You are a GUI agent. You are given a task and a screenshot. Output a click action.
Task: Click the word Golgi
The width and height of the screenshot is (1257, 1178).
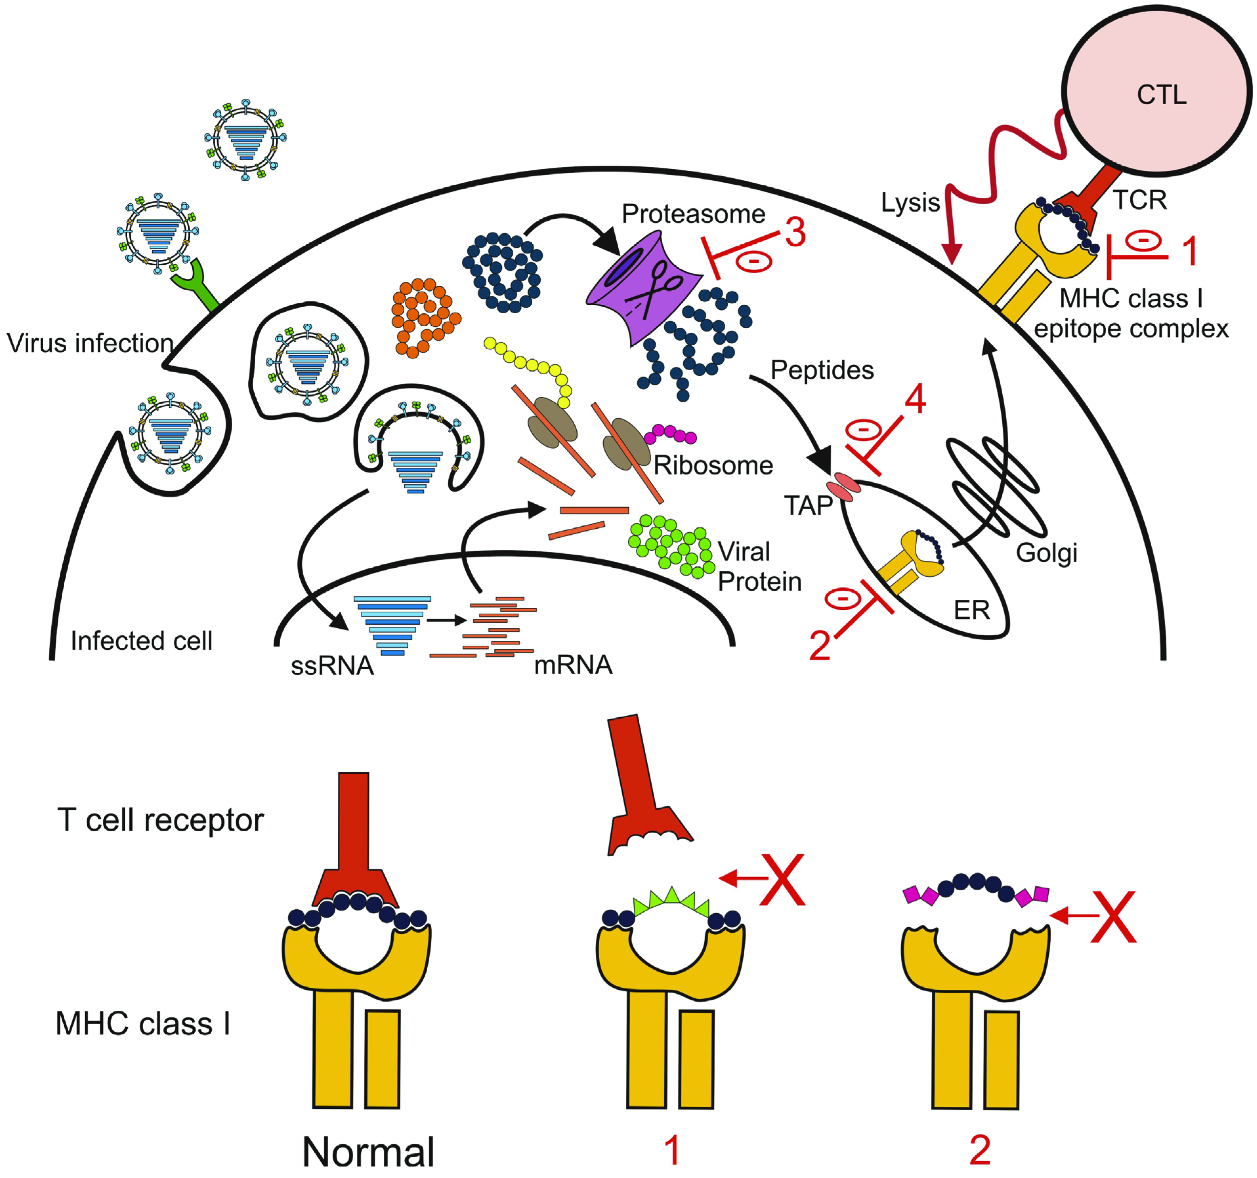click(x=1046, y=553)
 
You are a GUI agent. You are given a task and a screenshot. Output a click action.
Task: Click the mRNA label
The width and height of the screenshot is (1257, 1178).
click(x=573, y=665)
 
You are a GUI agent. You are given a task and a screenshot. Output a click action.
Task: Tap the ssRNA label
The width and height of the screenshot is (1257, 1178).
click(x=332, y=667)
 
